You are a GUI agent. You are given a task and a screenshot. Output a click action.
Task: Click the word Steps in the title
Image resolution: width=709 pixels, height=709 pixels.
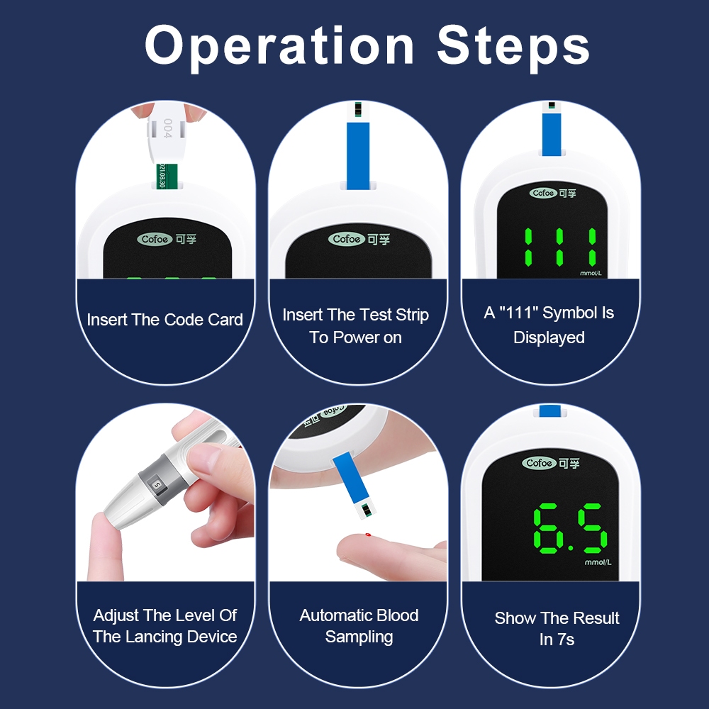[513, 45]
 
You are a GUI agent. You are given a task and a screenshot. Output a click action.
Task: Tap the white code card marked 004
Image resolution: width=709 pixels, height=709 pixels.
[166, 134]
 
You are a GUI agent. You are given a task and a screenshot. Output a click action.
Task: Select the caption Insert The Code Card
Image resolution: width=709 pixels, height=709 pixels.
[165, 320]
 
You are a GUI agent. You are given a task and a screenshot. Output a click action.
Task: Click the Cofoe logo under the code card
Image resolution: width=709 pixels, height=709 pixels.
[155, 239]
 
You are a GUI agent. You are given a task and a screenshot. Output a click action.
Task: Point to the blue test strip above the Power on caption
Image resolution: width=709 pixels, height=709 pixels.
[358, 145]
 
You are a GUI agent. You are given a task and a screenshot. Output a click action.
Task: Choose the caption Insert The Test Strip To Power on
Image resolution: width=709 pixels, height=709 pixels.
[356, 326]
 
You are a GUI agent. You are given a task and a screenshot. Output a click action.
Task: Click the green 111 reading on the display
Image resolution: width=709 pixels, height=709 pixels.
[560, 247]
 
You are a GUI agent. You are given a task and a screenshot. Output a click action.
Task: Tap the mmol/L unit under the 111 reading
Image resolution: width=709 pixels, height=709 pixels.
[591, 273]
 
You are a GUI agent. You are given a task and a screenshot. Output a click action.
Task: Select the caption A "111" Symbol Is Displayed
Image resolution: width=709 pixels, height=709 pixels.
[549, 325]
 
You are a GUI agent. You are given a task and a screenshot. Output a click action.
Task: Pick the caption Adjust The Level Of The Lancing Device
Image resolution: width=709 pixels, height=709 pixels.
[165, 626]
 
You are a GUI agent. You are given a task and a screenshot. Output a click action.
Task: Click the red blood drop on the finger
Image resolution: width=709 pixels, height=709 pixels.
[368, 535]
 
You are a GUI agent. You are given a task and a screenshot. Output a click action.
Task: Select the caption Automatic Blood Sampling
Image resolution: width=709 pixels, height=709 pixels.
[359, 626]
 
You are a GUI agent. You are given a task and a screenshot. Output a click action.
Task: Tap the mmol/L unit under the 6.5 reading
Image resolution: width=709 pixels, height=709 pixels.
[598, 562]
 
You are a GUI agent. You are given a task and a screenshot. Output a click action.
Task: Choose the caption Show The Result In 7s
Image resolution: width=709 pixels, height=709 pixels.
[557, 628]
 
